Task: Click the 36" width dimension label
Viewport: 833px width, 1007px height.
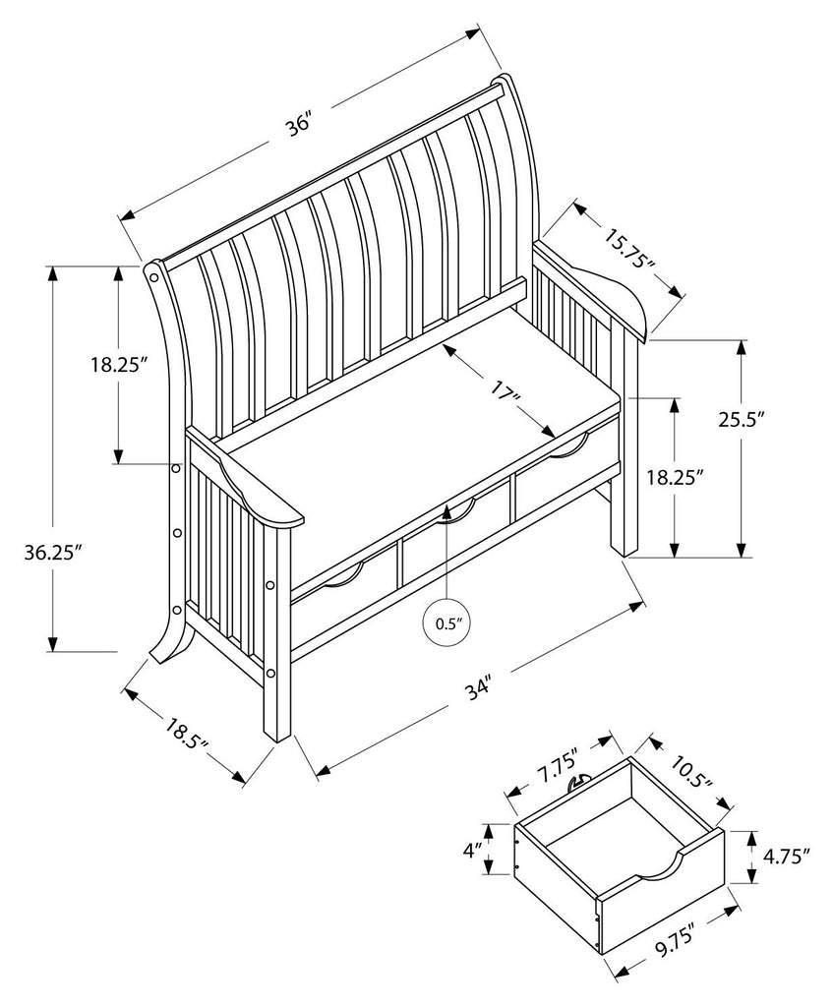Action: click(299, 127)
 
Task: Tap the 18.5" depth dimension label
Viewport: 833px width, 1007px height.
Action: click(186, 736)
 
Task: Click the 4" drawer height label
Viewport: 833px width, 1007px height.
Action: click(475, 848)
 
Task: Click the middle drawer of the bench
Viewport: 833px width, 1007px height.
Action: click(452, 546)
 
